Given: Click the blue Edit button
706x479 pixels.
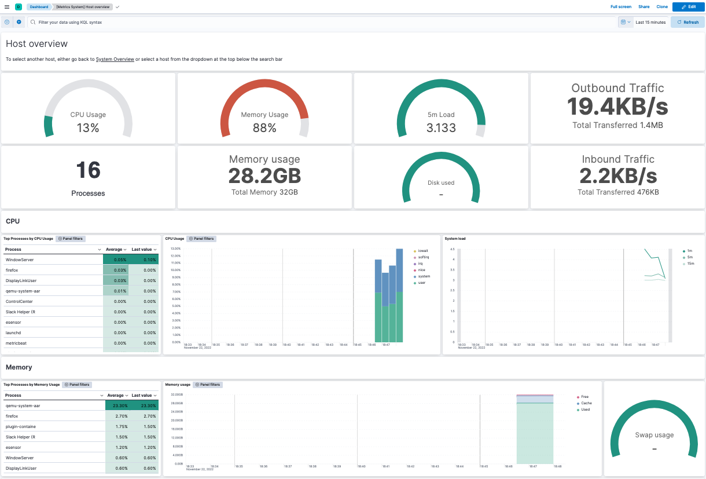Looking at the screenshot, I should (688, 7).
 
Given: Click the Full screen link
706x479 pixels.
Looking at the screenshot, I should (621, 7).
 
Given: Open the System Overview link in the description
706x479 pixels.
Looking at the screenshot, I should (115, 59).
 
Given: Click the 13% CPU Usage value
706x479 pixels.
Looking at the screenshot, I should (88, 128).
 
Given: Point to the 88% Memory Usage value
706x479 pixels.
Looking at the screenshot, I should (264, 128).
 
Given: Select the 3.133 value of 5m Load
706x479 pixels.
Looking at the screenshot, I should (441, 128).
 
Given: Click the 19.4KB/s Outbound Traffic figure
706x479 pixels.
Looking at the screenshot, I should (617, 107).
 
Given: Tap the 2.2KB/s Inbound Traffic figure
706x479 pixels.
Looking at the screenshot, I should (617, 176).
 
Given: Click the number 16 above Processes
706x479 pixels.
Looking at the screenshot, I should (88, 170).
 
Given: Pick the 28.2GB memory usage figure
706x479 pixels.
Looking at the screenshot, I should (264, 176).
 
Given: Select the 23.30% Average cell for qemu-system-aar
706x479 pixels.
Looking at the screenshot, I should (116, 406).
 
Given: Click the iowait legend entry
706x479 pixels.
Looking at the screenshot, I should (424, 251).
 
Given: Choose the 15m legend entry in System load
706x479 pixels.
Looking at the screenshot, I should (690, 264).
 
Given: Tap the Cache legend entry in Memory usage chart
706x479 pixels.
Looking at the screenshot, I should (586, 403).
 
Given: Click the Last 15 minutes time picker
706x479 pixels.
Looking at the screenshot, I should (650, 22).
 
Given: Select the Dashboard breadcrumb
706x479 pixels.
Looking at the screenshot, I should (39, 7).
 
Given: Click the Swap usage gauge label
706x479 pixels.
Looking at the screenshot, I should (654, 435).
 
